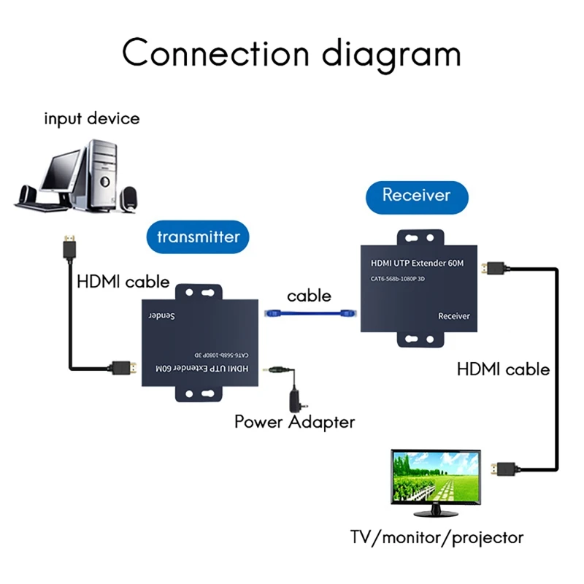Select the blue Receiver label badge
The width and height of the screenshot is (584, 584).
coord(416,196)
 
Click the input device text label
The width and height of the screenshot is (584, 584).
coord(91,118)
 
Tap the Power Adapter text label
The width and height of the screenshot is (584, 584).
coord(294,421)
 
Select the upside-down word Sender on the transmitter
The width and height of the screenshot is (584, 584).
coord(163,317)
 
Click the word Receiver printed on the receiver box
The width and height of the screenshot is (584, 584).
coord(453,316)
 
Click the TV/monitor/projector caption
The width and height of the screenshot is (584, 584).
coord(437,538)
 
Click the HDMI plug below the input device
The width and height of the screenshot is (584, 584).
coord(69,248)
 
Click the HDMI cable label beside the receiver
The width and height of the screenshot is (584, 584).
coord(503,369)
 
